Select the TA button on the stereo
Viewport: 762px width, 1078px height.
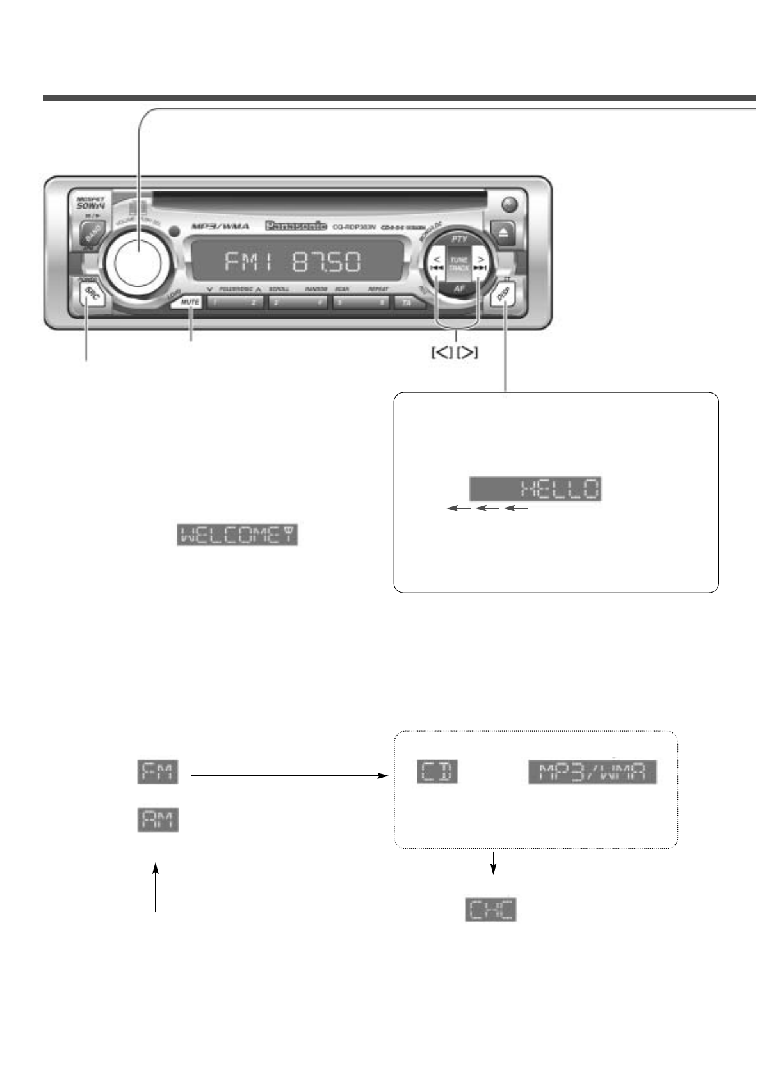point(406,303)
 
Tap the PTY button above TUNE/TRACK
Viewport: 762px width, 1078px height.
point(459,239)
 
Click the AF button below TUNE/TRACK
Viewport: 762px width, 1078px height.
point(459,289)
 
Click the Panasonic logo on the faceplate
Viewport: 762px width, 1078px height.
point(296,226)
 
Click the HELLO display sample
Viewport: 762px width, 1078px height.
point(535,490)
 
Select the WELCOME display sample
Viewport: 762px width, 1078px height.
point(238,535)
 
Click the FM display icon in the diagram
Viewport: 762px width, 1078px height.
point(158,771)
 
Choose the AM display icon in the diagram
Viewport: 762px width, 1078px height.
point(158,820)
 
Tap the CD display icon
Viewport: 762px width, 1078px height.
point(438,771)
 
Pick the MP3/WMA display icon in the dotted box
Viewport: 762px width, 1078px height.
point(592,772)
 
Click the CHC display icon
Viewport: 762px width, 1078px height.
point(490,910)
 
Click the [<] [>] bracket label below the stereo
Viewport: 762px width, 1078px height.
point(455,352)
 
